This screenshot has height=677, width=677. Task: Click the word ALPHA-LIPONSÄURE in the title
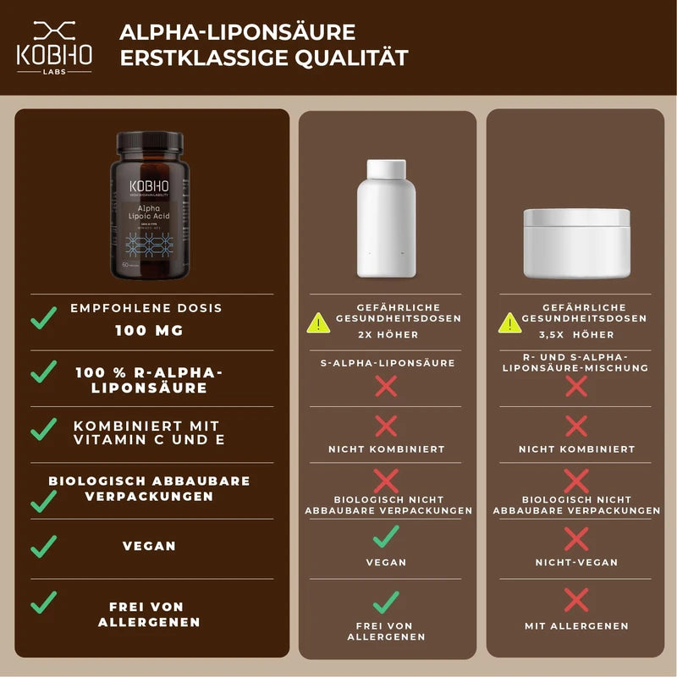coord(237,32)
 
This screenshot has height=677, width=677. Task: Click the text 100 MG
coord(149,331)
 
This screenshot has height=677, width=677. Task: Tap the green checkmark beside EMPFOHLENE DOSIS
coord(43,318)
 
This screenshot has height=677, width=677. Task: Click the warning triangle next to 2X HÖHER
coord(318,322)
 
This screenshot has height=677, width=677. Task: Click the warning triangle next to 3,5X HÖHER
coord(509,322)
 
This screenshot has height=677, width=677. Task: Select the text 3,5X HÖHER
coord(584,334)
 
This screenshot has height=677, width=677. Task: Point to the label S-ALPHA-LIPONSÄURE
coord(386,362)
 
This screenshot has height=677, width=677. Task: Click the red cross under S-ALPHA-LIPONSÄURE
coord(386,387)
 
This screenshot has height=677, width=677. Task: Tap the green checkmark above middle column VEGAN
coord(386,536)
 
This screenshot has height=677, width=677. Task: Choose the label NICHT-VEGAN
coord(576,562)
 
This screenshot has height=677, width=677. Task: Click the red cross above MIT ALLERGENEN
coord(576,601)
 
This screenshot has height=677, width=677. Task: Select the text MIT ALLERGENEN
coord(576,626)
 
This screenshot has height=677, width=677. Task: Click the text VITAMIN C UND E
coord(149,440)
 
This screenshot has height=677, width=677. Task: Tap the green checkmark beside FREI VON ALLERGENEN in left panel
coord(43,603)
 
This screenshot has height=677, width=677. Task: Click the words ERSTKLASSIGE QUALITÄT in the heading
coord(263,59)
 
